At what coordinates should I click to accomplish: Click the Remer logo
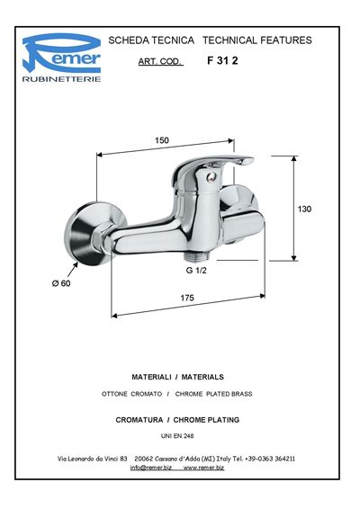point(61,54)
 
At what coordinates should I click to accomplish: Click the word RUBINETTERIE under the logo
point(61,79)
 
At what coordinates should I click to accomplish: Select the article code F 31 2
point(222,61)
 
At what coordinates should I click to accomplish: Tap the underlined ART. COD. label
point(160,61)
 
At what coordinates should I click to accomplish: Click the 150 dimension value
point(162,140)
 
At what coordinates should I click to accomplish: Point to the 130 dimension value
point(304,209)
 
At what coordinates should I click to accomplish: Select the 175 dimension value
point(187,298)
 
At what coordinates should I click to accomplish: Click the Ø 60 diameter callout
point(61,283)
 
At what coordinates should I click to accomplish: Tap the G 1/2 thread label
point(196,270)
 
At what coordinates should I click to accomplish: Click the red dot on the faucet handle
point(211,176)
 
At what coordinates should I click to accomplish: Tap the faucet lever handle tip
point(249,160)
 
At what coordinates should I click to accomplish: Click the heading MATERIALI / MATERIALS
point(177,377)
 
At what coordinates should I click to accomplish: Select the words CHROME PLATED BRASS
point(214,394)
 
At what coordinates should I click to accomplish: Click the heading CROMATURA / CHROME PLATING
point(177,420)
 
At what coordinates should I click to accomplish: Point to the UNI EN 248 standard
point(177,436)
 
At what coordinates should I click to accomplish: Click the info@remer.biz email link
point(151,468)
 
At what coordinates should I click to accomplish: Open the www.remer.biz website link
point(203,468)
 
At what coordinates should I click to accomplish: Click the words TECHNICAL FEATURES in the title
point(257,40)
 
